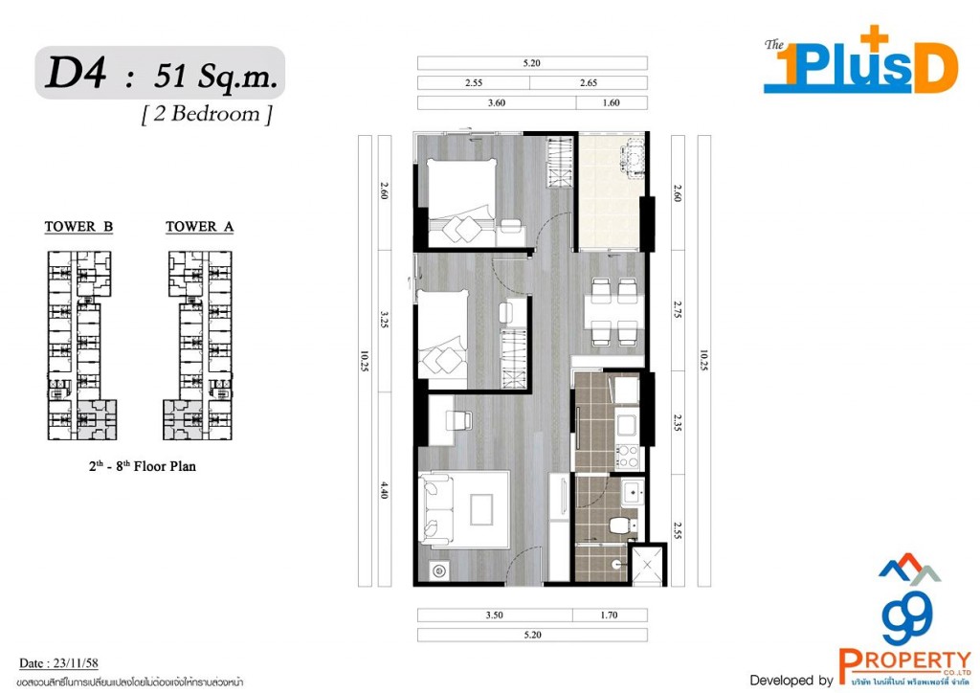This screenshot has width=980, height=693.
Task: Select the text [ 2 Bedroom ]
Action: pyautogui.click(x=207, y=115)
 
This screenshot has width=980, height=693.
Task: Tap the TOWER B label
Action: pyautogui.click(x=78, y=227)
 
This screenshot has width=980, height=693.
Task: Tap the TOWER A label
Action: pyautogui.click(x=199, y=227)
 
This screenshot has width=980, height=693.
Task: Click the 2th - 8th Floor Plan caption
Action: pyautogui.click(x=140, y=468)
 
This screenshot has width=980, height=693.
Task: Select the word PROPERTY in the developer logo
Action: pyautogui.click(x=904, y=659)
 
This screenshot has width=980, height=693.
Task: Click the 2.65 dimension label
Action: pyautogui.click(x=588, y=83)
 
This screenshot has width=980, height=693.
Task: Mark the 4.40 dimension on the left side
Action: pyautogui.click(x=384, y=491)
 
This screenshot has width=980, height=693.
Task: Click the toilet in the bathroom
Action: pyautogui.click(x=623, y=525)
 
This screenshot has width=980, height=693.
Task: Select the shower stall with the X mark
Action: pyautogui.click(x=646, y=565)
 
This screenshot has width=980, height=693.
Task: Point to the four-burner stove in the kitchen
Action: pyautogui.click(x=627, y=457)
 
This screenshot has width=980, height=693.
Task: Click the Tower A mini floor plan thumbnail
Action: pyautogui.click(x=199, y=345)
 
